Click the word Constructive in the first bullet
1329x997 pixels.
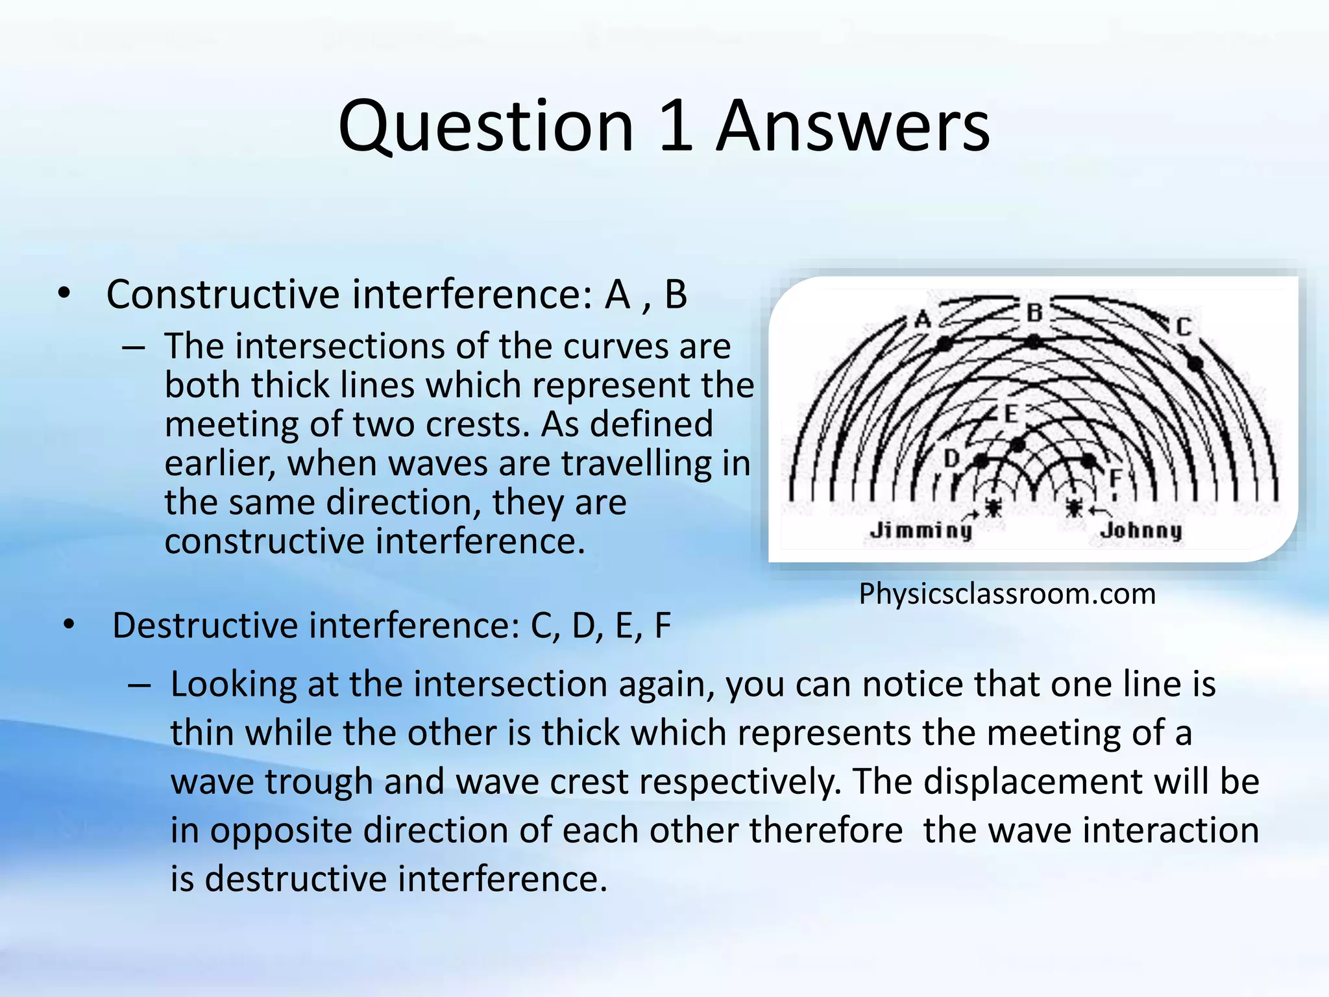(223, 295)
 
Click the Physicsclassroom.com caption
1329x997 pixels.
(1007, 594)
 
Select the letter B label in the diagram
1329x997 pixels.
(1034, 313)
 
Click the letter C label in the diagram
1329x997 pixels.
(1184, 326)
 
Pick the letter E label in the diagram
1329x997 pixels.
(1010, 414)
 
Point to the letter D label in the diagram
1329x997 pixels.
(951, 459)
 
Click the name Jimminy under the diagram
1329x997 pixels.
(921, 530)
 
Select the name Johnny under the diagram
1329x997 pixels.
(1141, 530)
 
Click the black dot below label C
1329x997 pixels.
(1195, 363)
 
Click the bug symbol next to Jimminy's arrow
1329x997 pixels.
(993, 506)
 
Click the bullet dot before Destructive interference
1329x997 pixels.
(69, 626)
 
